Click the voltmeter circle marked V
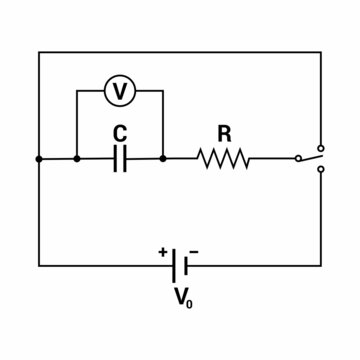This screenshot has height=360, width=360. tap(120, 91)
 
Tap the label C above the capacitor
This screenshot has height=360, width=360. tap(120, 131)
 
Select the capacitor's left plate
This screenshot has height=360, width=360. tap(115, 158)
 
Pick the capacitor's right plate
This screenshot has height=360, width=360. tap(125, 158)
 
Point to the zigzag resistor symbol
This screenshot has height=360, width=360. tap(224, 158)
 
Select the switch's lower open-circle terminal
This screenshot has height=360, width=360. tap(320, 170)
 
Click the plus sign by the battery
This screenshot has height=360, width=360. tap(162, 251)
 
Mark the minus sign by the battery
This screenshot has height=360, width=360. tap(193, 251)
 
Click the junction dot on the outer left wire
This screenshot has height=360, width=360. tap(39, 158)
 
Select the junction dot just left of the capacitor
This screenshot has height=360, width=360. tap(77, 158)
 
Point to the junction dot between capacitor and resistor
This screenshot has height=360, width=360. tap(163, 158)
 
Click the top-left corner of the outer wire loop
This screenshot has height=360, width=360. tap(39, 51)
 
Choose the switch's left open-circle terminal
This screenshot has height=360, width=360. tap(297, 158)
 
